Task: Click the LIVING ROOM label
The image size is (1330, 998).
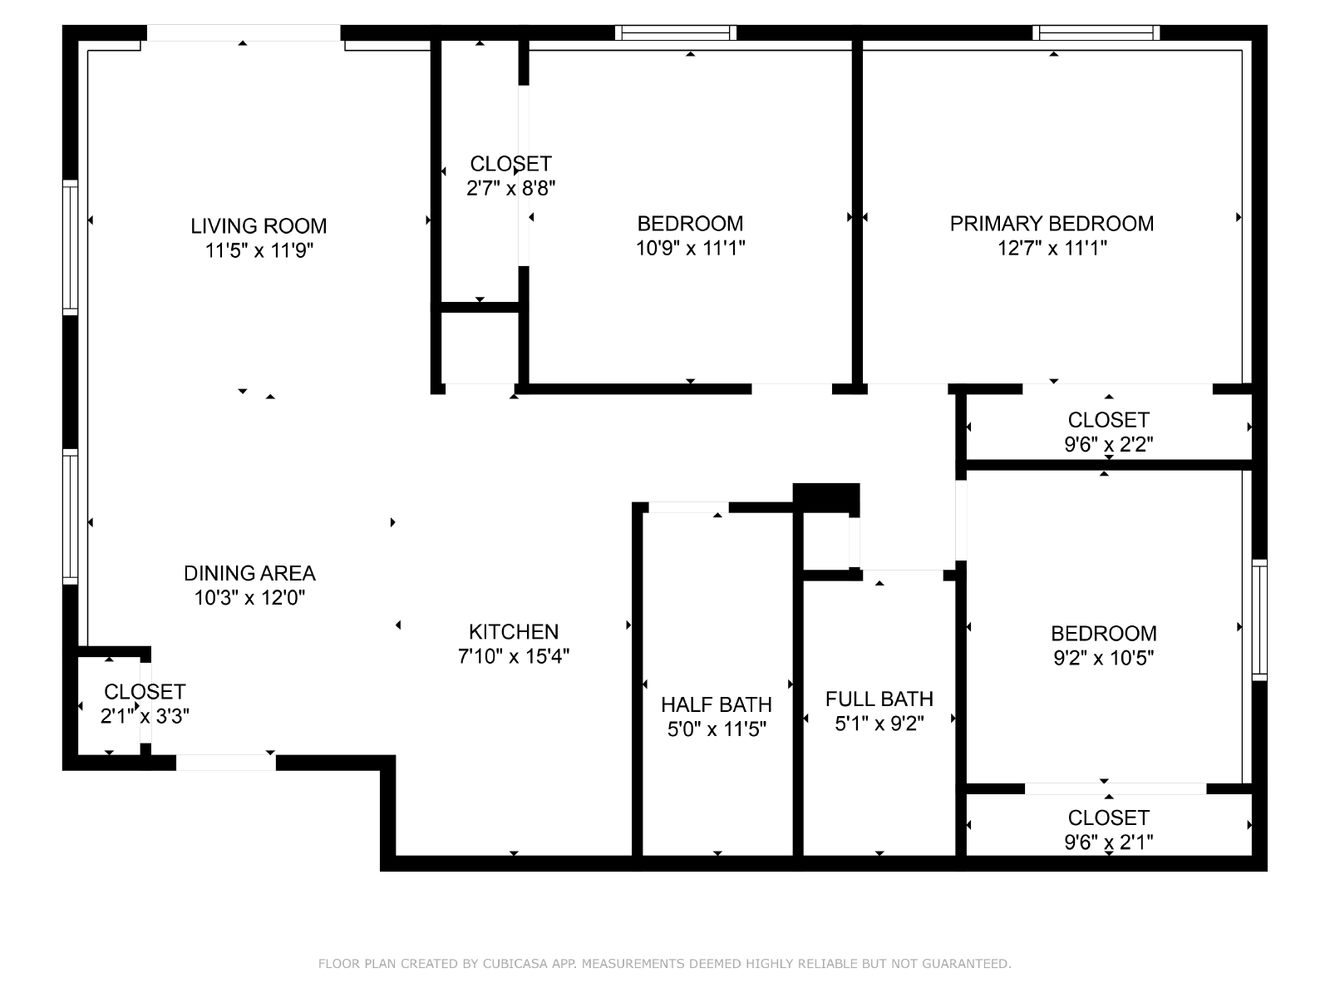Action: coord(259,225)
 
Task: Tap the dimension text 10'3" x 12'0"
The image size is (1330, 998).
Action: coord(249,597)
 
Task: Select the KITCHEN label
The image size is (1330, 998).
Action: coord(514,631)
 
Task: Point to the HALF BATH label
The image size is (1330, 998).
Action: coord(717,704)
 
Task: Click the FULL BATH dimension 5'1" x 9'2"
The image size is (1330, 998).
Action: coord(879,724)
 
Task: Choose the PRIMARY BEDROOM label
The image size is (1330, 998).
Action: coord(1052,223)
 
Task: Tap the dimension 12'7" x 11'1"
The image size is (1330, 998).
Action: coord(1052,248)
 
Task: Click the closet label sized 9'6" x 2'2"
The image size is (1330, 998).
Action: coord(1108,420)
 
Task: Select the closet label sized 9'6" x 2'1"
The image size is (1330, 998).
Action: coord(1108,818)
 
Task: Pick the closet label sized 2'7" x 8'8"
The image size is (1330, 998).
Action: coord(510,164)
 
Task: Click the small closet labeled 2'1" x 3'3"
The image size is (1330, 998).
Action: coord(145,692)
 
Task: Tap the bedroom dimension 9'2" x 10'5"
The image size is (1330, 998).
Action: coord(1103,658)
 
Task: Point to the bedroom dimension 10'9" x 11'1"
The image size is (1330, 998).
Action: coord(690,248)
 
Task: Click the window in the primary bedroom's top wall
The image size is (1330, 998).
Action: coord(1096,33)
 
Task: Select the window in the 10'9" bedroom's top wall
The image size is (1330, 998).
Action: coord(676,33)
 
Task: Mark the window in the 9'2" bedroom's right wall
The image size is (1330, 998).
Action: coord(1259,620)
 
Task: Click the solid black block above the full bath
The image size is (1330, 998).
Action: coord(825,498)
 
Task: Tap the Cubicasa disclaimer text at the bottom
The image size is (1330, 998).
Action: coord(664,964)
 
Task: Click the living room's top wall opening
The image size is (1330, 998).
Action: coord(244,33)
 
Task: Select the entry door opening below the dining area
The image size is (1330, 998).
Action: coord(225,762)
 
